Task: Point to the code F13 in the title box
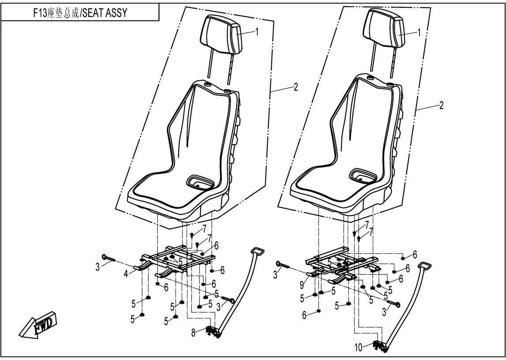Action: (x=40, y=13)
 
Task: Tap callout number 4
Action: (x=126, y=274)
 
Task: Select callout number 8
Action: (x=194, y=334)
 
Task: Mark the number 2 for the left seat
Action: (x=296, y=87)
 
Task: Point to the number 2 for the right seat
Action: (x=441, y=106)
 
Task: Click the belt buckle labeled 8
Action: (x=212, y=331)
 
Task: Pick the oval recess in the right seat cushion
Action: (x=363, y=175)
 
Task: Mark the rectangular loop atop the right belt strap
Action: (x=424, y=266)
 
